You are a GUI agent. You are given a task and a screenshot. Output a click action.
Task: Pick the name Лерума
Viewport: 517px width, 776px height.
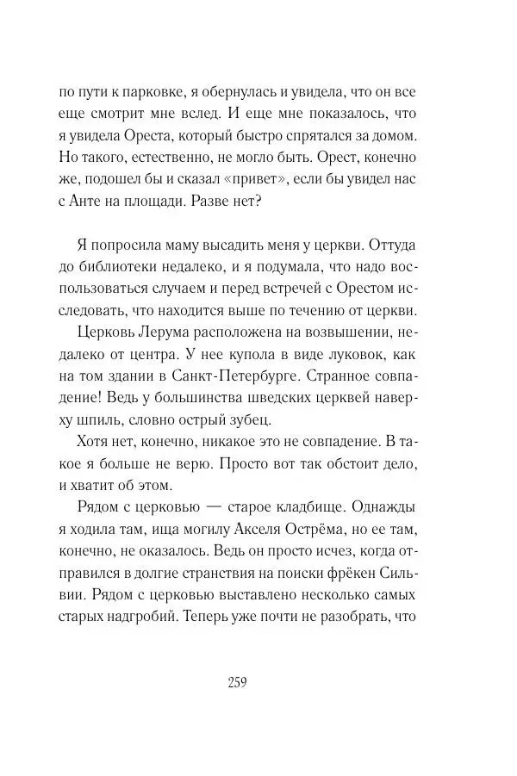coord(184,327)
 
